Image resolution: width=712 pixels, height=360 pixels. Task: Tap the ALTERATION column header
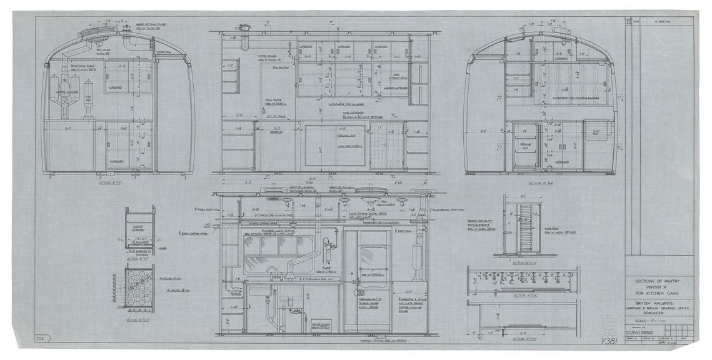pyautogui.click(x=663, y=21)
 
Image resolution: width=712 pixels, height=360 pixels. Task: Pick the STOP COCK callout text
pyautogui.click(x=403, y=232)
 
